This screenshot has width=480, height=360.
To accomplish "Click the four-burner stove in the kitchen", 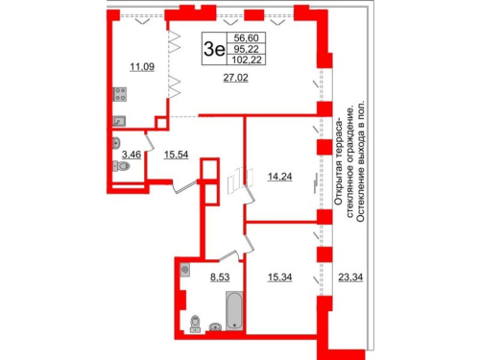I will (122, 94).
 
